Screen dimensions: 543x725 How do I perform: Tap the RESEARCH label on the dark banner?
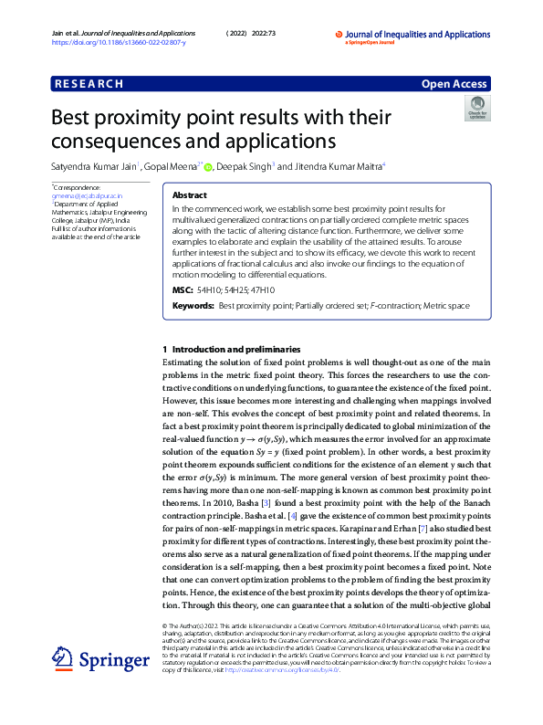click(89, 84)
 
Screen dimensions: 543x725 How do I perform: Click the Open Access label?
click(454, 84)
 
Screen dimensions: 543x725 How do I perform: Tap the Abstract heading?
click(189, 195)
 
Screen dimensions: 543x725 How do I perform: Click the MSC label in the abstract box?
click(183, 289)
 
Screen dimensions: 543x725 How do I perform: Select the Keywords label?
click(193, 305)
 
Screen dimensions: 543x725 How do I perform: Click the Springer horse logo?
click(62, 657)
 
